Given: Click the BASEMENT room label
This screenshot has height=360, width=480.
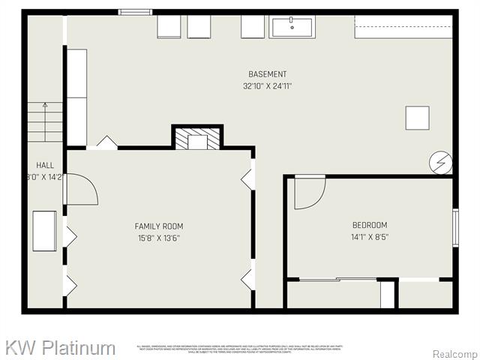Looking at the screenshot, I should [267, 74].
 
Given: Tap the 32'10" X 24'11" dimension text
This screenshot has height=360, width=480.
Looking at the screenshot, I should [267, 86].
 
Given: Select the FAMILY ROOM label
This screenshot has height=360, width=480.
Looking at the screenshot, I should [158, 226].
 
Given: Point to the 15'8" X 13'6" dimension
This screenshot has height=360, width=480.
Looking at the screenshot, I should [158, 238].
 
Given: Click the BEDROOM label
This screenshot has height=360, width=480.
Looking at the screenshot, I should [370, 225].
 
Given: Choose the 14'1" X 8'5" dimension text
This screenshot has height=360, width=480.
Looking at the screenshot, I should [370, 237].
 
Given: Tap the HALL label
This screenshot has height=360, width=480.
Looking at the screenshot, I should [45, 165].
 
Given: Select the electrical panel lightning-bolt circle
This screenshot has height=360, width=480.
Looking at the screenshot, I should [440, 162].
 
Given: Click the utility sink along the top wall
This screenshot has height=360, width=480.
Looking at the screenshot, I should [292, 28].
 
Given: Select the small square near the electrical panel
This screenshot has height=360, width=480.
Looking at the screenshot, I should [417, 118].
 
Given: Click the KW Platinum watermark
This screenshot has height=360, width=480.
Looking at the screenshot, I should [61, 348].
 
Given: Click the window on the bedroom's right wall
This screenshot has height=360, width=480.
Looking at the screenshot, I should [455, 226].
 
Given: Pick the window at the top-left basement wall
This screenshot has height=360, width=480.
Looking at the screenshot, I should [135, 12].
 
